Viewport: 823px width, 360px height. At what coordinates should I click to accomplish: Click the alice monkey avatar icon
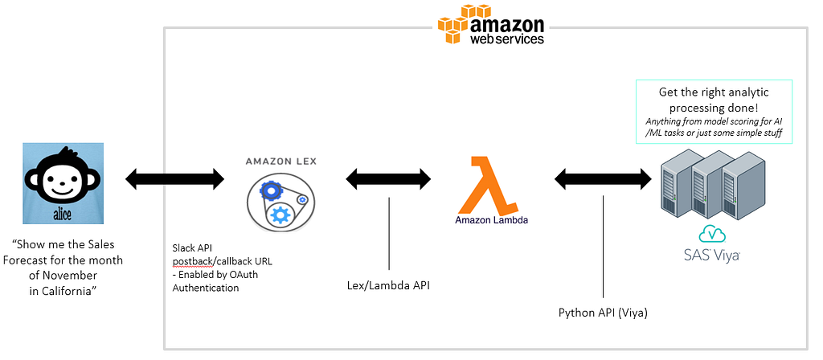tap(63, 182)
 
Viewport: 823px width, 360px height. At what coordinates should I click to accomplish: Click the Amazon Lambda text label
tap(492, 219)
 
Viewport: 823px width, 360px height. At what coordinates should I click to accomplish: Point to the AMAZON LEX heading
tap(280, 162)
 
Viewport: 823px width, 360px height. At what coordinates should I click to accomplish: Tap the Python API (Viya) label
tap(603, 313)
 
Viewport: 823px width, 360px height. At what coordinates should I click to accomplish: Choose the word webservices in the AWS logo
tap(507, 39)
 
